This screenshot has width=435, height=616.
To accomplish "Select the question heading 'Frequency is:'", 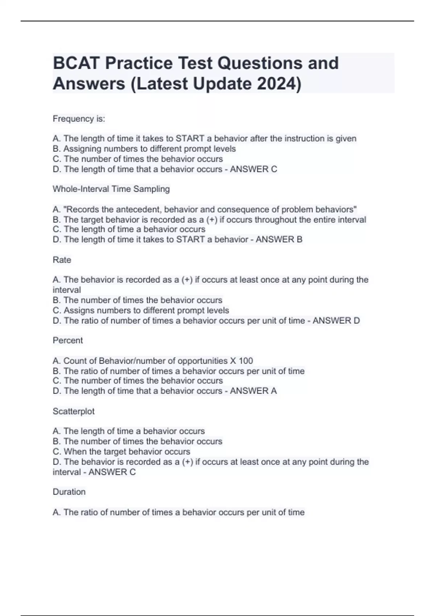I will point(79,119).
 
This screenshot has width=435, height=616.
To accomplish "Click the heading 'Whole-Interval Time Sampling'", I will point(111,189).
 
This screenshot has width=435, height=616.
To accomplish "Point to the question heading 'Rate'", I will point(62,260).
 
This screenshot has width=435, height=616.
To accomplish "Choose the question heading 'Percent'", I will point(68,340).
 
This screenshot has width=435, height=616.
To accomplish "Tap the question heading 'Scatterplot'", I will point(74,411).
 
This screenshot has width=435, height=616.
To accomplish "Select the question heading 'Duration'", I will point(69,492).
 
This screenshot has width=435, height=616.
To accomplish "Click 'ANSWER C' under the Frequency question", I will point(253,169).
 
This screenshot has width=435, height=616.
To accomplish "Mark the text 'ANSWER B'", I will point(279,240).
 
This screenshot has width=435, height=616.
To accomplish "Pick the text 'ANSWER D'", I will point(336,321).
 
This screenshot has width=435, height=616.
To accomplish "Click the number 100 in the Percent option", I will point(246,361).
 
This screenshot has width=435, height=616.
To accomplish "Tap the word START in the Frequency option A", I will point(190,138).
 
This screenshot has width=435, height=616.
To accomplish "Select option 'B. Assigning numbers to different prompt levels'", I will point(144,149).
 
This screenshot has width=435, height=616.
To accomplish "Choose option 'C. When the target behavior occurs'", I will point(121,451).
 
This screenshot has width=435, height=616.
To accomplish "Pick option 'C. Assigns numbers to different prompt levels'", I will point(141,311).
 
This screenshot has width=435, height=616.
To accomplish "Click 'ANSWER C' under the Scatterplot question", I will point(112,472).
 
